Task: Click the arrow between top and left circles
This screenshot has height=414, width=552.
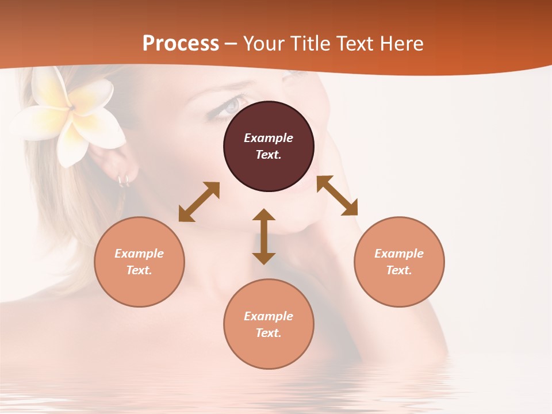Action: (x=199, y=202)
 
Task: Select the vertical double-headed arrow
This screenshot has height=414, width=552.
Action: (x=264, y=236)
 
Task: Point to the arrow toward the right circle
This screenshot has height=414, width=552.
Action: (x=337, y=195)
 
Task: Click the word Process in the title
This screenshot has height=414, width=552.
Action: (x=181, y=43)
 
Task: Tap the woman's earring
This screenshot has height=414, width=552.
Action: (x=123, y=181)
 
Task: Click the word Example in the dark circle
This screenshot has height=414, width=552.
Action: (x=269, y=138)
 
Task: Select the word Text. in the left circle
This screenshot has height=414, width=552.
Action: (x=139, y=270)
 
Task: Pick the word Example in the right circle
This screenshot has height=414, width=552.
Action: (x=399, y=254)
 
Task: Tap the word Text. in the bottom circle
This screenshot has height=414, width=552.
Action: (x=269, y=333)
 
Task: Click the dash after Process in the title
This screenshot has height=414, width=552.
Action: (x=231, y=44)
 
